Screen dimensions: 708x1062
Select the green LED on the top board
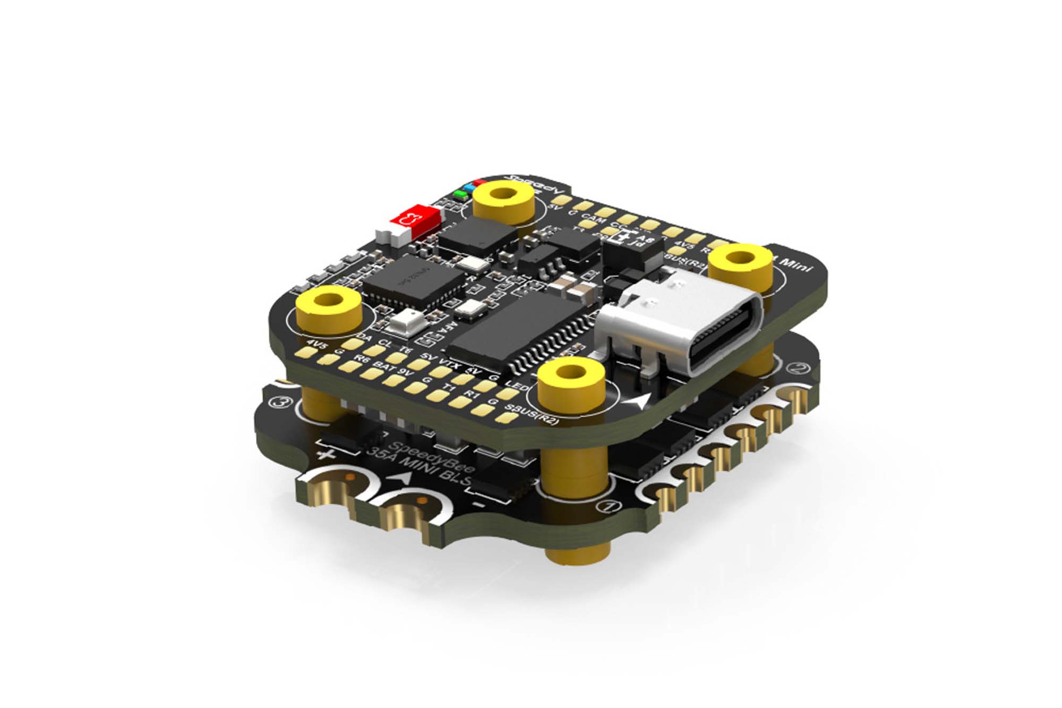460,194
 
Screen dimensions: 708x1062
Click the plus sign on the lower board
326,455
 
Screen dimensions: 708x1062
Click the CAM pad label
593,218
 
